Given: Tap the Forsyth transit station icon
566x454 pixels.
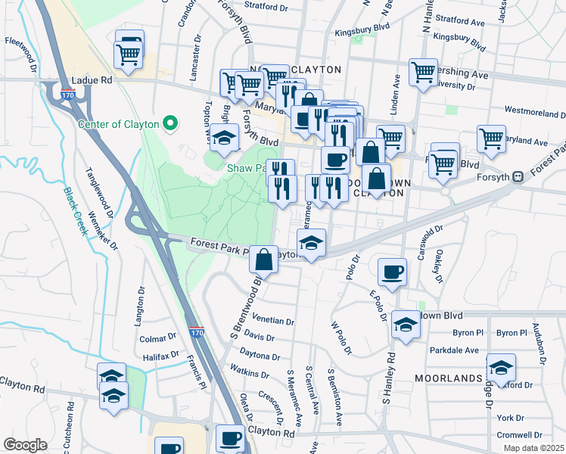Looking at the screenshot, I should pyautogui.click(x=518, y=177).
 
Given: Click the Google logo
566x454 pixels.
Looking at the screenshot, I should pyautogui.click(x=25, y=445).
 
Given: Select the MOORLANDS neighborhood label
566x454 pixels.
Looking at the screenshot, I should pyautogui.click(x=448, y=377).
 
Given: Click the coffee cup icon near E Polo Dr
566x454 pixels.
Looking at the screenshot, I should pyautogui.click(x=391, y=272).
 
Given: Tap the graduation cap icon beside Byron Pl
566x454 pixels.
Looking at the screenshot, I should pyautogui.click(x=406, y=325).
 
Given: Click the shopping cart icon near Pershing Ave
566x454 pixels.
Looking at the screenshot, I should pyautogui.click(x=423, y=72).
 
